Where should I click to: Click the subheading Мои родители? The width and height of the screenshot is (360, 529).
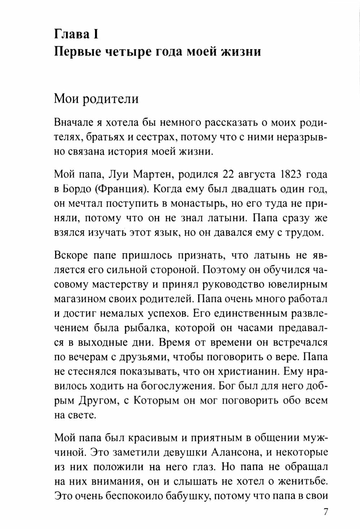coord(96,98)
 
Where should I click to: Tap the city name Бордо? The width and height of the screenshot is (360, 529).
coord(74,189)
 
